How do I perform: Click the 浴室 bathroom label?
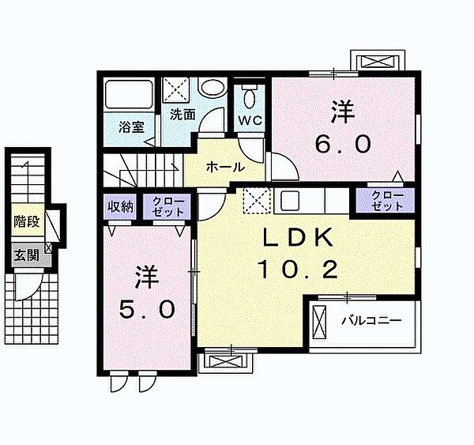point(131,127)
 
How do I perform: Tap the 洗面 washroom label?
point(182,115)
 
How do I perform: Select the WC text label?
point(250,121)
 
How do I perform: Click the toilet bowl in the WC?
point(250,96)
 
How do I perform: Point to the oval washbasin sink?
point(213,88)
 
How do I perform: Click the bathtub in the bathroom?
point(129,94)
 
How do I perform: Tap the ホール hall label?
point(225,167)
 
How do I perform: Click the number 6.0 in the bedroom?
point(343,145)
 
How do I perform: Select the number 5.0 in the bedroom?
point(147,309)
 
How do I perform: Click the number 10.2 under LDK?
point(298,270)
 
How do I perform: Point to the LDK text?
point(298,237)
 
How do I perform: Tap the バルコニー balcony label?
point(371,320)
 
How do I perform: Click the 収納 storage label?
point(121,206)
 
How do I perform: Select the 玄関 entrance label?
point(27,255)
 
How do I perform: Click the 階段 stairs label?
point(27,222)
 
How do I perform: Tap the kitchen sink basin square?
point(290,201)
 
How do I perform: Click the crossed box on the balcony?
point(320,322)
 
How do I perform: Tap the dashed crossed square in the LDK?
point(257,201)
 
